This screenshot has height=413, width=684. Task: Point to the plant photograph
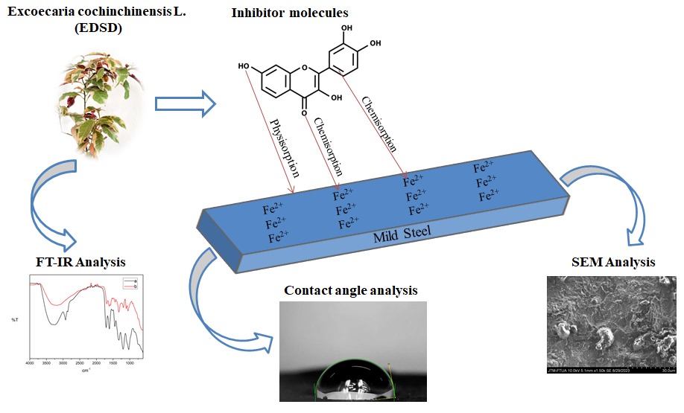pyautogui.click(x=89, y=104)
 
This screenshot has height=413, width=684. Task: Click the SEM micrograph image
pyautogui.click(x=610, y=323)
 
